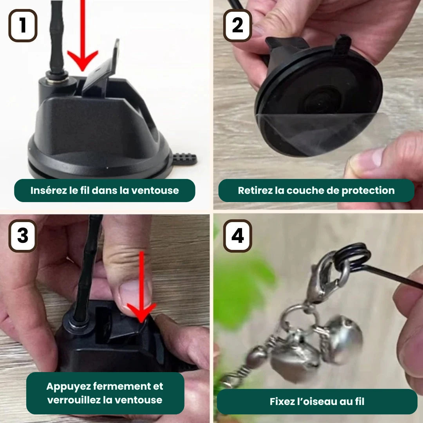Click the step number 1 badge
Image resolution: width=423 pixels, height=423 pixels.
pyautogui.click(x=23, y=25)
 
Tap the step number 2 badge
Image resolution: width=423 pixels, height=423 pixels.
pyautogui.click(x=237, y=25)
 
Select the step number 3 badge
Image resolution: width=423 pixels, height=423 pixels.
pyautogui.click(x=23, y=236)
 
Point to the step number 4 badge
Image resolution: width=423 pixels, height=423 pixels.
pyautogui.click(x=237, y=236)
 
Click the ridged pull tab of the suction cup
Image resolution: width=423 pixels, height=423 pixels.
pyautogui.click(x=184, y=159)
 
